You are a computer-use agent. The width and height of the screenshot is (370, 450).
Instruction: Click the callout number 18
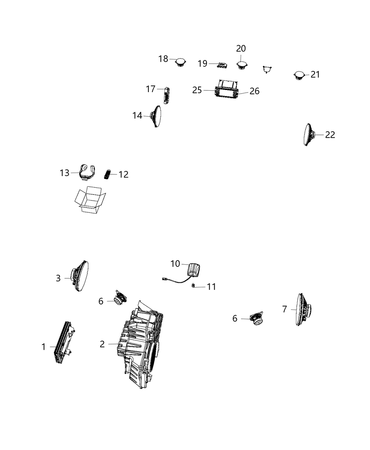tap(163, 59)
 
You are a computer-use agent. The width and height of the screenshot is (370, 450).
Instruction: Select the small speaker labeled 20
tap(242, 65)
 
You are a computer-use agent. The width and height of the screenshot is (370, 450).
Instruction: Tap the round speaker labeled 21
tap(299, 76)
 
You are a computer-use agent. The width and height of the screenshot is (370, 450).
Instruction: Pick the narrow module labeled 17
tap(166, 95)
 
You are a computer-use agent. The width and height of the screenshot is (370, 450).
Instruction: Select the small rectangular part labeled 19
tap(222, 65)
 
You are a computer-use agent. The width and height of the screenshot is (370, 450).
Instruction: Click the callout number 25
tap(197, 90)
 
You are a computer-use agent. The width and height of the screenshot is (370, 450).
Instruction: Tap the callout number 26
tap(254, 91)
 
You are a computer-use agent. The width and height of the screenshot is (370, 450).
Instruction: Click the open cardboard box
tap(90, 200)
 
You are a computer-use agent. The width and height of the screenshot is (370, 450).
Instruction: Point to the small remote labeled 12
tap(107, 174)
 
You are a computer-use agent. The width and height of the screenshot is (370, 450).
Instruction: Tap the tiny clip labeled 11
tap(193, 286)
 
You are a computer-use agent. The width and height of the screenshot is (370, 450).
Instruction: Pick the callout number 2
tap(102, 344)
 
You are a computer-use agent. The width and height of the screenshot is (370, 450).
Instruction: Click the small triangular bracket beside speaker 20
tap(268, 69)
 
